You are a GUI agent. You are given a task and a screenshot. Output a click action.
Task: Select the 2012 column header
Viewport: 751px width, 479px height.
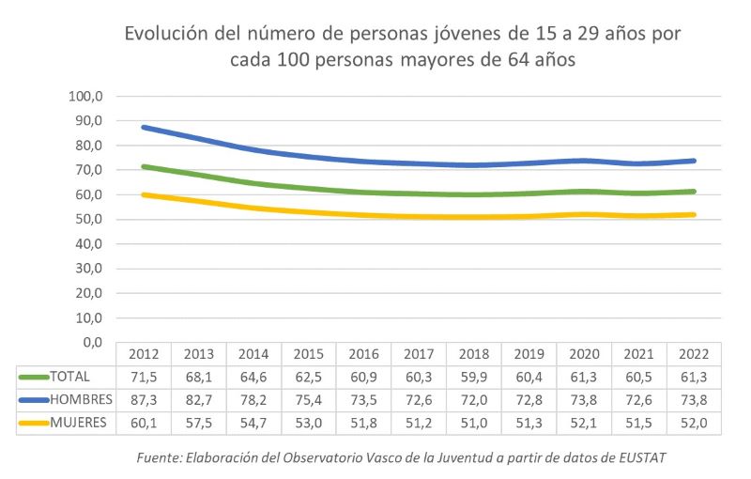[144, 355]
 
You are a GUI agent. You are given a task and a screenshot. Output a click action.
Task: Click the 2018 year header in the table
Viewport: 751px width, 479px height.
[474, 355]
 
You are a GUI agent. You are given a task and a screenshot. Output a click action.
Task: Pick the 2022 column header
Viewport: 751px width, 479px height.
[694, 355]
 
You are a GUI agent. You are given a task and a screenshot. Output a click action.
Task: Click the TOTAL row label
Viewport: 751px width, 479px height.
[71, 377]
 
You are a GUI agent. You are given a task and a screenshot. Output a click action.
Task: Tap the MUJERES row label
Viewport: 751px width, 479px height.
[78, 423]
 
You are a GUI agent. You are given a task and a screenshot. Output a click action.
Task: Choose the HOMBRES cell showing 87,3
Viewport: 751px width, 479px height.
[144, 399]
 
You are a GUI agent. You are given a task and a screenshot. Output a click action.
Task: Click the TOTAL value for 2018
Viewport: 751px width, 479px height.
[474, 377]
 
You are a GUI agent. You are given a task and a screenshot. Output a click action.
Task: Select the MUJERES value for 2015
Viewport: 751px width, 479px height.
[309, 423]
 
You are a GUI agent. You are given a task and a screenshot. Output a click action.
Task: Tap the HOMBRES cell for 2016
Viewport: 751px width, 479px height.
[364, 399]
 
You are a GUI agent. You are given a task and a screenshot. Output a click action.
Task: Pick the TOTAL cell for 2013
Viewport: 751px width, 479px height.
[199, 377]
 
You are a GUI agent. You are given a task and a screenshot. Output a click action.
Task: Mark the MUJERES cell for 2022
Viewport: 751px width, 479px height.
[694, 423]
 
